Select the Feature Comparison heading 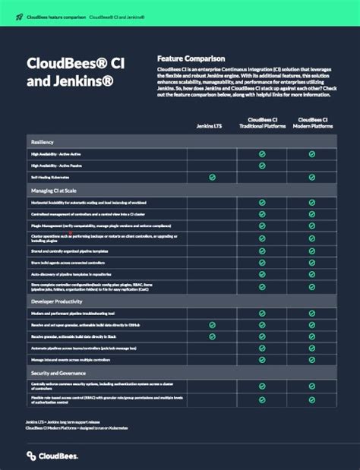[191, 58]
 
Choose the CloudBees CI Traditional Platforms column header [261, 121]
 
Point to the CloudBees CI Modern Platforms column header [311, 121]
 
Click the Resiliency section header [43, 142]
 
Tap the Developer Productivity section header [58, 301]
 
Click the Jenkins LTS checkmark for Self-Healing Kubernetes [212, 177]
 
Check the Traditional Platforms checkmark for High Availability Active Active [261, 153]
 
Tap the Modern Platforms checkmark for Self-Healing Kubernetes [311, 177]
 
